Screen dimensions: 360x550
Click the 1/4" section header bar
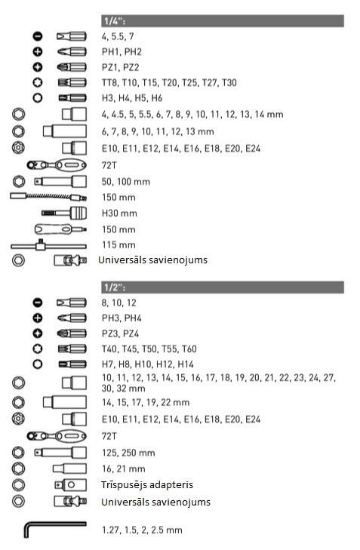[223, 21]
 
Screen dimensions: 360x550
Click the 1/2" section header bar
[223, 287]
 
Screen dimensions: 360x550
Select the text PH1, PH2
[122, 52]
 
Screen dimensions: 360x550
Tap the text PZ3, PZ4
[120, 333]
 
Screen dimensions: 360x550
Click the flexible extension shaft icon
[48, 197]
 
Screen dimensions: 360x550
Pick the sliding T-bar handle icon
[48, 245]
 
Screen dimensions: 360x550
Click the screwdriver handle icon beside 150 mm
[60, 229]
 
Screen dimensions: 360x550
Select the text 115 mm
[118, 245]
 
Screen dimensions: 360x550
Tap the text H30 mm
[119, 214]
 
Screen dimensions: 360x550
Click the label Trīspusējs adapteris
[147, 485]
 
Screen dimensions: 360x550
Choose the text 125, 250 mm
[128, 453]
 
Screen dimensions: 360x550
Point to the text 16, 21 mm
[124, 469]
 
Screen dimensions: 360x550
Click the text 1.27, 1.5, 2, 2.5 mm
[142, 530]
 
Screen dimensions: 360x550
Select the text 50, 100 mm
[126, 182]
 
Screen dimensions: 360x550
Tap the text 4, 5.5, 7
[118, 36]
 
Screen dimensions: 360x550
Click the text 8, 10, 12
[119, 303]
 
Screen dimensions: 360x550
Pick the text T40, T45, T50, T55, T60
[149, 349]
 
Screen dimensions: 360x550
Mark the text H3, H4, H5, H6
[132, 98]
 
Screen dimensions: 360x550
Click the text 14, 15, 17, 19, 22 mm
[146, 402]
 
